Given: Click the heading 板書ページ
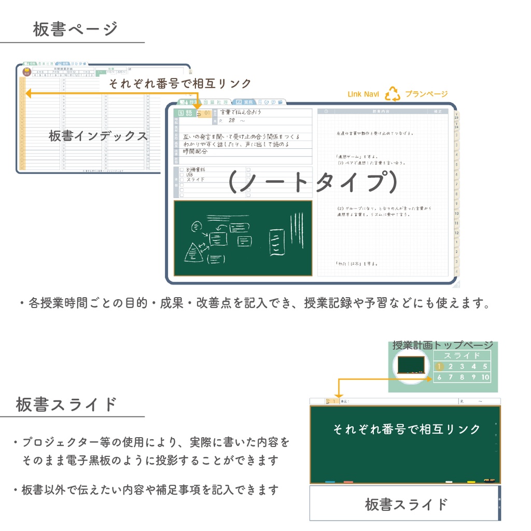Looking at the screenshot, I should (x=76, y=29).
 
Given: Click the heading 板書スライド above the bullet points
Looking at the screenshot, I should (x=66, y=404).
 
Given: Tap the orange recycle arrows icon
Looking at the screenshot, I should (x=392, y=94).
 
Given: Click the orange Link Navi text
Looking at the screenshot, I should (x=363, y=94).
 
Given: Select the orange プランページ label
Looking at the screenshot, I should (x=426, y=94).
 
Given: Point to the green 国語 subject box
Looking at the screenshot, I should (x=185, y=113).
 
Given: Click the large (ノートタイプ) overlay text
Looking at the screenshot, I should (x=313, y=182).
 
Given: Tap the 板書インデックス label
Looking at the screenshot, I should (x=99, y=136).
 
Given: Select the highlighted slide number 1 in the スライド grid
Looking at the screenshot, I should (x=439, y=367).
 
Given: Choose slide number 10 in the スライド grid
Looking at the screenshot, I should (x=485, y=378).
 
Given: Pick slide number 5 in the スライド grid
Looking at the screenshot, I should (x=485, y=367).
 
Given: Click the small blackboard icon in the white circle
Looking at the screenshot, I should (x=411, y=365).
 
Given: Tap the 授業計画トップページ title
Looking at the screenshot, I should (x=442, y=345).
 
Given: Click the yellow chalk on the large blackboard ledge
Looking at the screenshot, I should (x=471, y=482).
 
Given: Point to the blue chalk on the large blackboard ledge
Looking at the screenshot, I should (x=330, y=482).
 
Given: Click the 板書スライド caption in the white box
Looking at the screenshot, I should (x=406, y=504).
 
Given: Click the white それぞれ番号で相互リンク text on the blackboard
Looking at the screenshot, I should (x=406, y=429).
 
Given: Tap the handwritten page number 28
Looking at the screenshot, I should (x=231, y=121).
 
